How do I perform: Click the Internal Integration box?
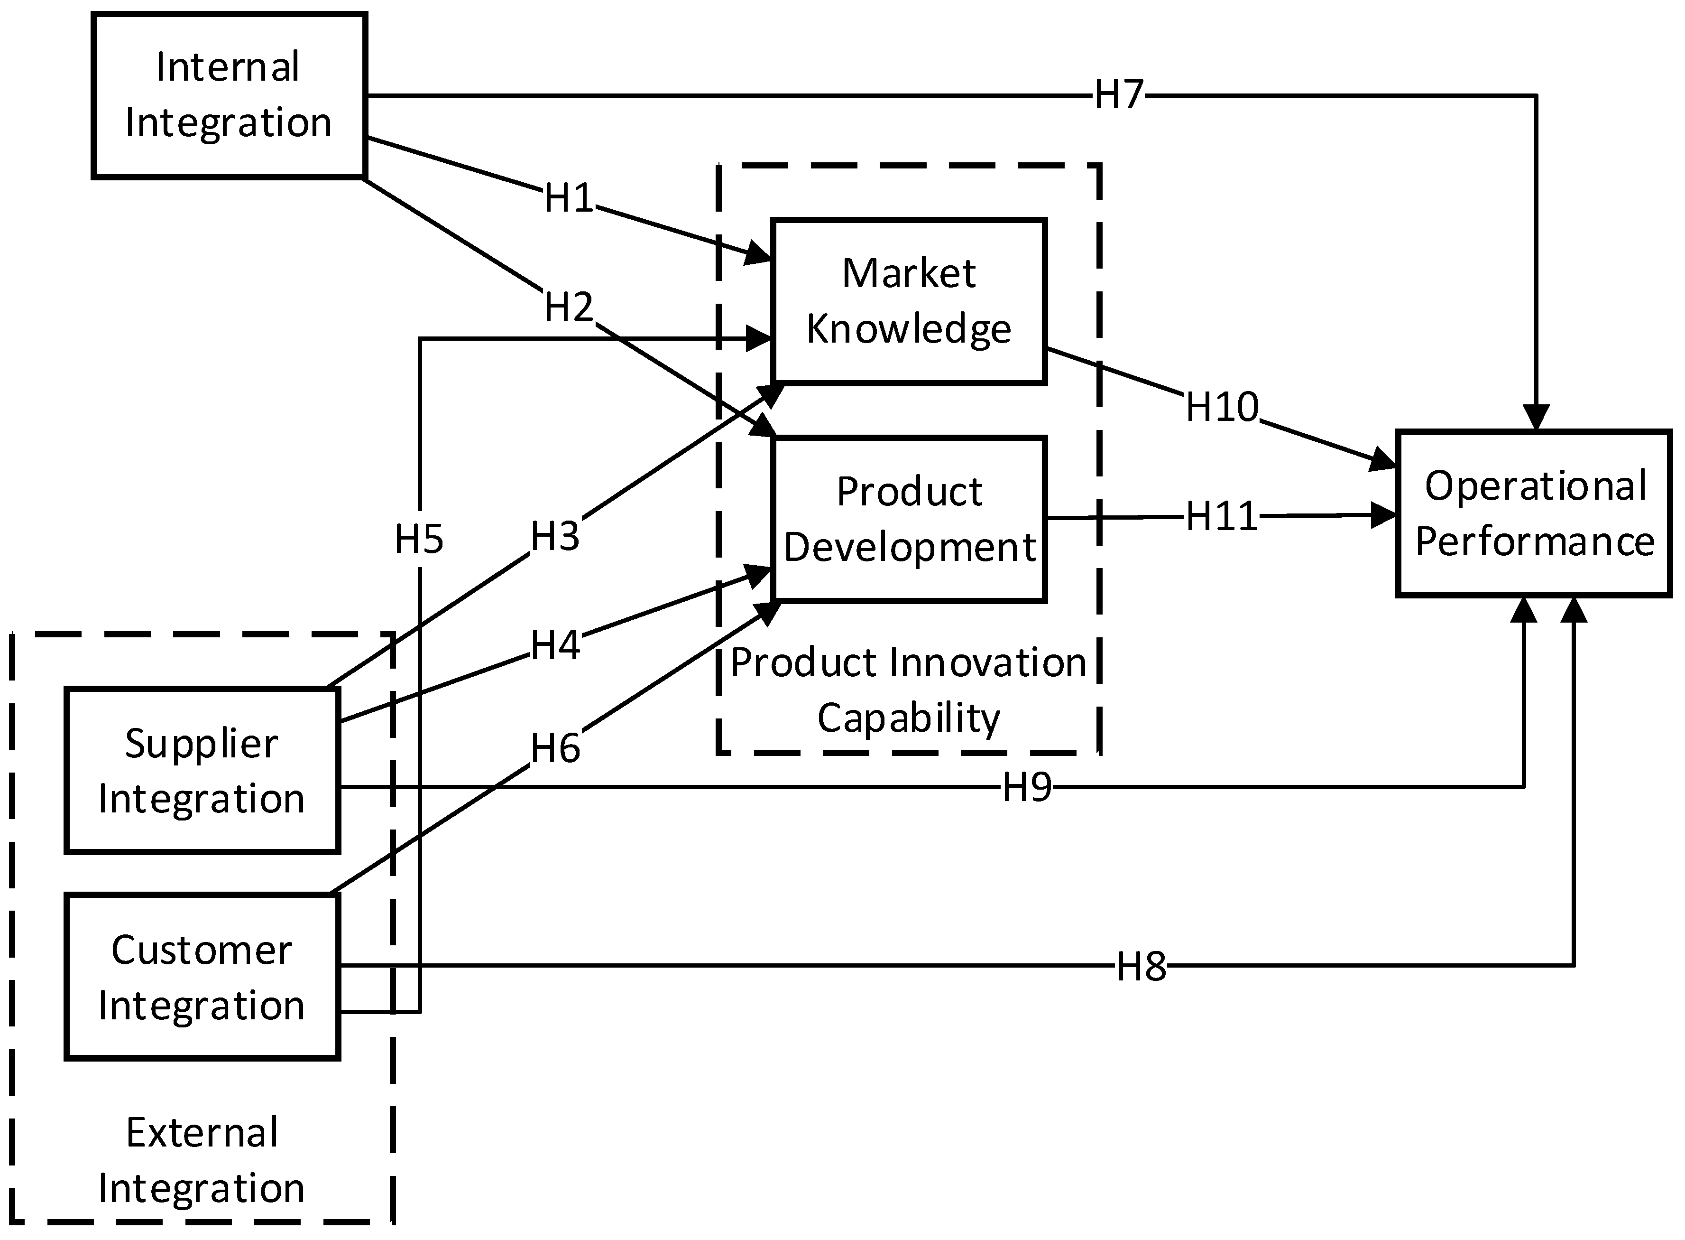click(x=229, y=95)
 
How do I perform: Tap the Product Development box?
click(x=909, y=519)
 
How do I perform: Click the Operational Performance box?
click(x=1533, y=513)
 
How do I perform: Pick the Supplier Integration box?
click(x=202, y=771)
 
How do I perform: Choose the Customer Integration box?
click(x=202, y=977)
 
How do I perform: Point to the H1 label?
click(x=568, y=198)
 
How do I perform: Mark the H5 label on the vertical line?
click(x=419, y=539)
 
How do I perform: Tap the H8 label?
click(x=1141, y=967)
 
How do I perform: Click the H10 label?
click(x=1221, y=407)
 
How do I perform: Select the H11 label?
click(x=1221, y=516)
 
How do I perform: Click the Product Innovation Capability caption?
click(x=909, y=690)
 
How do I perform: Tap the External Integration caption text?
click(x=202, y=1160)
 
